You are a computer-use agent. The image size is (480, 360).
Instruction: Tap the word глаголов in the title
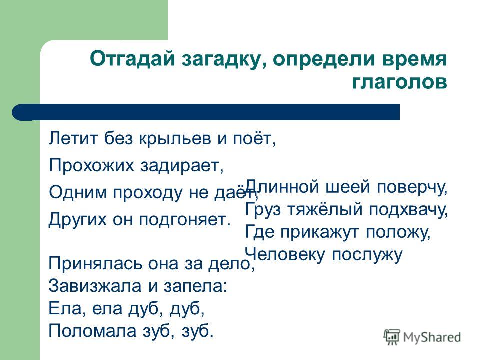pos(399,81)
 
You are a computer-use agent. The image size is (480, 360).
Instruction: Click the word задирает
pos(182,166)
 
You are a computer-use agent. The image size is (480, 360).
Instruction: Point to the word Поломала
pos(92,331)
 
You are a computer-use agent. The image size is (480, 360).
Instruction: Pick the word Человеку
pos(284,255)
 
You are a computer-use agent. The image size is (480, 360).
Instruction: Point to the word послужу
pos(367,256)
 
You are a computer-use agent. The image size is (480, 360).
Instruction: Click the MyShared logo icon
pos(392,337)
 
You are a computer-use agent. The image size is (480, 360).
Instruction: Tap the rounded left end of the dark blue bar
pos(18,112)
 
